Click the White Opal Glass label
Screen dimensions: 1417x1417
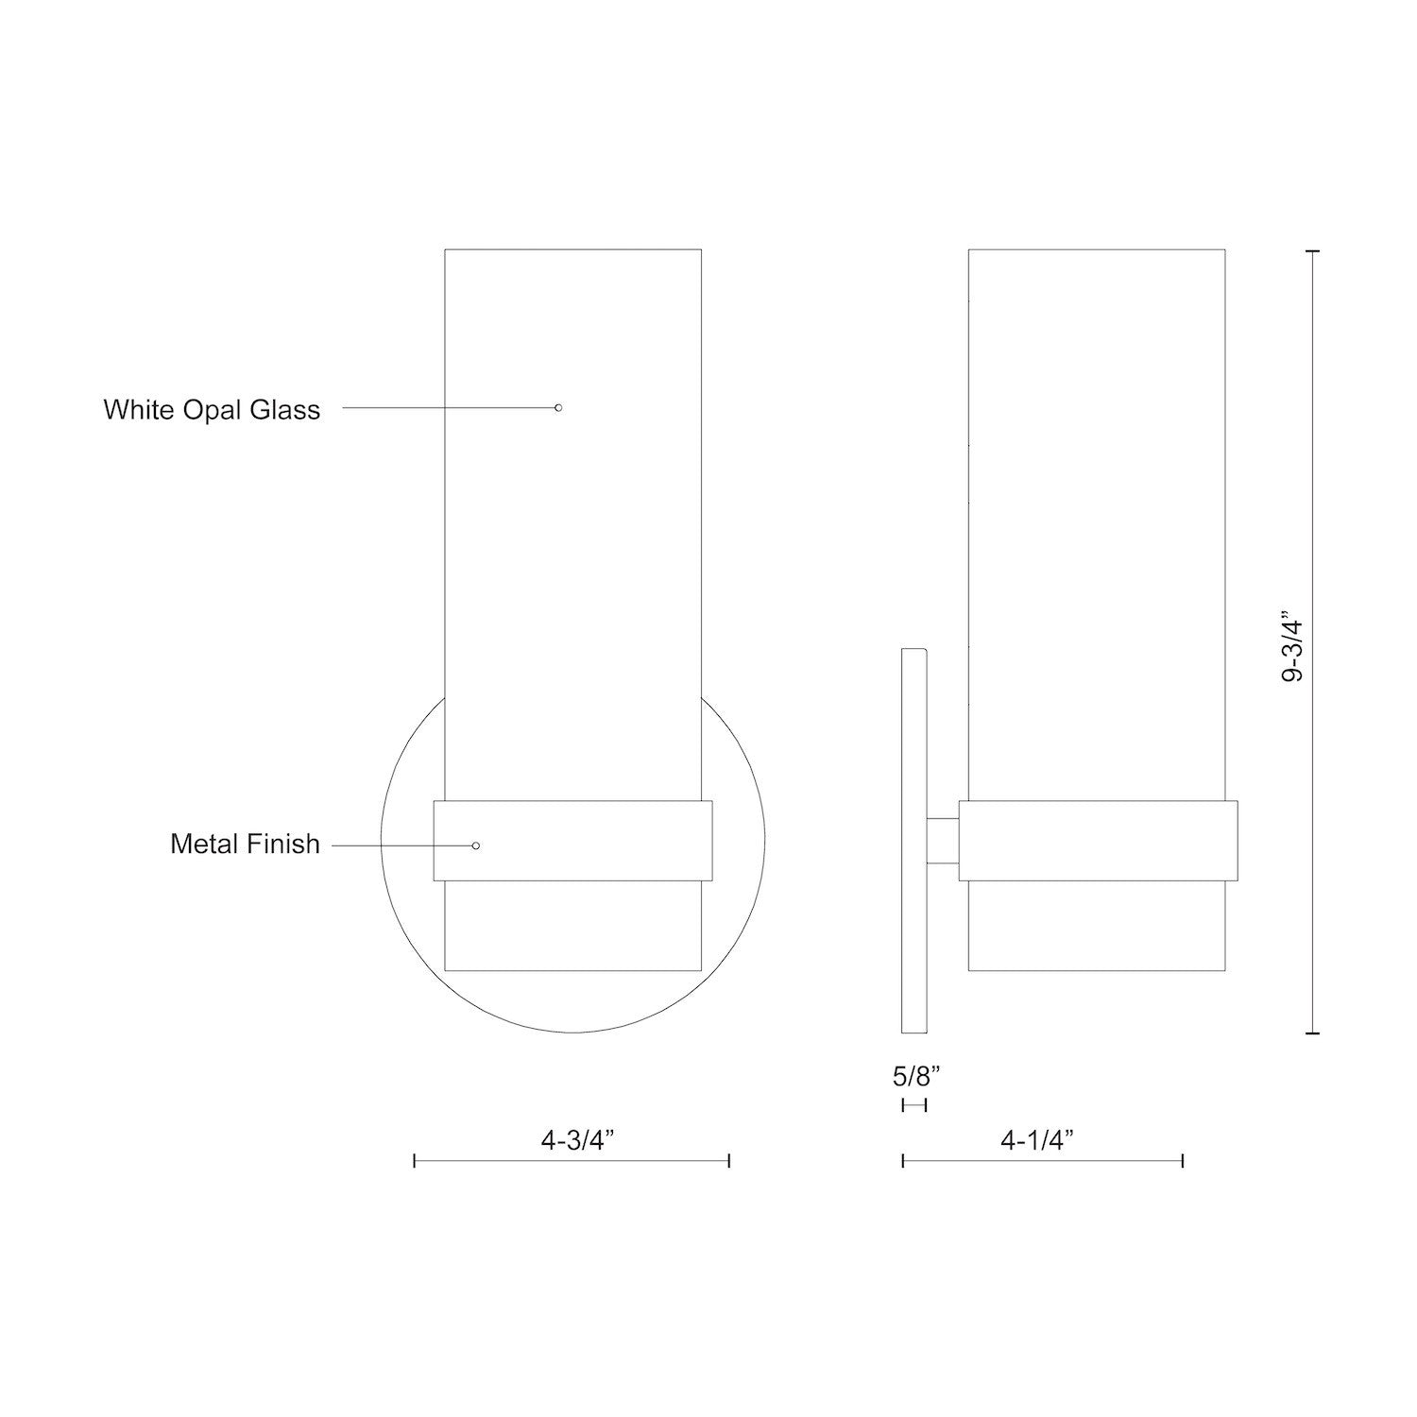tap(212, 409)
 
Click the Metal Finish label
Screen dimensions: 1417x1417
tap(245, 844)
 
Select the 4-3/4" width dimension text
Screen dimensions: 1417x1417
tap(578, 1140)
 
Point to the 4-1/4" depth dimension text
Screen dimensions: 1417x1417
tap(1038, 1140)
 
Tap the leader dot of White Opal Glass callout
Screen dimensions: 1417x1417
tap(558, 407)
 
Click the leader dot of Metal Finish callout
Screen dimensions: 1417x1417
tap(475, 845)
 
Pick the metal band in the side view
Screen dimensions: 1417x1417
tap(1098, 841)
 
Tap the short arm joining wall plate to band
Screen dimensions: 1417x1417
tap(943, 841)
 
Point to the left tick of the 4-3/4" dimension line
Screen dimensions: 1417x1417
tap(415, 1161)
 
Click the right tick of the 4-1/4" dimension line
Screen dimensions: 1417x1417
tap(1183, 1161)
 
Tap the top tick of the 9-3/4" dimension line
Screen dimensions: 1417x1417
tap(1312, 251)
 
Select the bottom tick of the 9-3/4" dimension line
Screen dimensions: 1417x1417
tap(1312, 1034)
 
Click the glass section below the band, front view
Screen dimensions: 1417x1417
tap(572, 926)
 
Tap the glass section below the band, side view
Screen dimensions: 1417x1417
tap(1098, 926)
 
